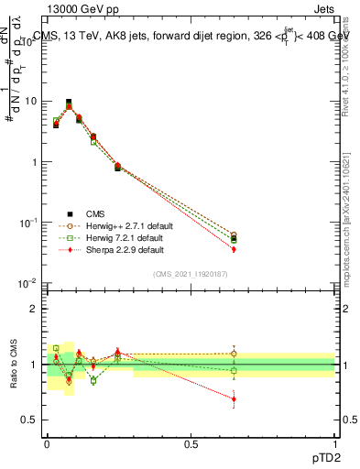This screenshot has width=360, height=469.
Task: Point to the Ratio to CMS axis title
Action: [12, 365]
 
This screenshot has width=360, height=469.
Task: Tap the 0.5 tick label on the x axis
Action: [191, 443]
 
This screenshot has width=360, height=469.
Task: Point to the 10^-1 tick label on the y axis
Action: [27, 223]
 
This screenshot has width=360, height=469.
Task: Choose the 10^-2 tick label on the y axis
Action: [27, 283]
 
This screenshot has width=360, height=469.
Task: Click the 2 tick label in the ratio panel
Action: [33, 309]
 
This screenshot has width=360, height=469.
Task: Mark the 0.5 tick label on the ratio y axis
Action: [28, 420]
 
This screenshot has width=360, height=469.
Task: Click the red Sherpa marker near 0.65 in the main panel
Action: [234, 249]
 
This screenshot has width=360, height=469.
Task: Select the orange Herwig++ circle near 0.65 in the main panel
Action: [234, 235]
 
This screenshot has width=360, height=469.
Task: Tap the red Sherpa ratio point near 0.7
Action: [234, 399]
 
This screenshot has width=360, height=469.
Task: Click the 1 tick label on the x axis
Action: [334, 443]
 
